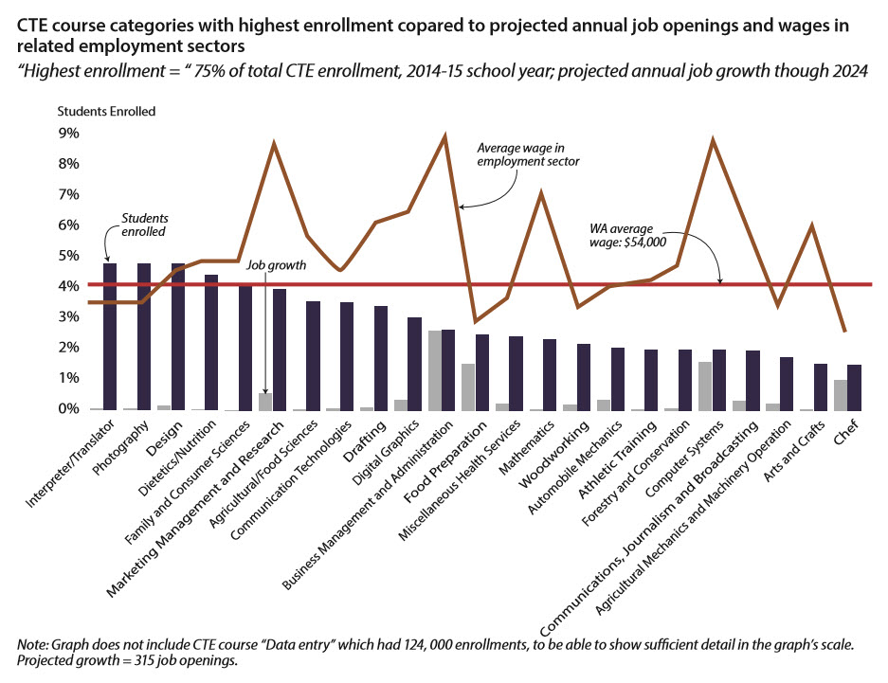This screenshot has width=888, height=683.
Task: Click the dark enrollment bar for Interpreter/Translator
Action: [110, 336]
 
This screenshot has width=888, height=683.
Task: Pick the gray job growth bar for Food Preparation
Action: [467, 386]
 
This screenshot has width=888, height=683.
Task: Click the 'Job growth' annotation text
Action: [277, 265]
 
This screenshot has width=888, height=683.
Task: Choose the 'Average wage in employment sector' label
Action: [528, 154]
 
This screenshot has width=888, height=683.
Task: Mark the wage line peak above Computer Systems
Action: [712, 141]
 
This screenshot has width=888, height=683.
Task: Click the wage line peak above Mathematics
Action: [540, 193]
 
